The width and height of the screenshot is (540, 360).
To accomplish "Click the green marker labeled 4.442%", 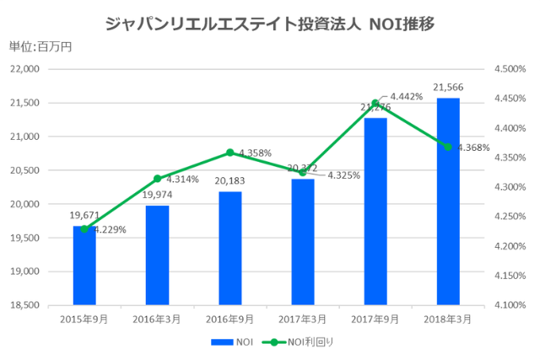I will pos(375,103).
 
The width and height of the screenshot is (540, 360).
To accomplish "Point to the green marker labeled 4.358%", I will pos(229,153).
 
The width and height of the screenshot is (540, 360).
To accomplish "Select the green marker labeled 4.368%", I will pos(448,147).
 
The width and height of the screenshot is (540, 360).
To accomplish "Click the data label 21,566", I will pos(447,87).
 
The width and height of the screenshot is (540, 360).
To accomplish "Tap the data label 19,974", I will pos(157,195).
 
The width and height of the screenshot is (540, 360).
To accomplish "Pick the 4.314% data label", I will pos(183,180).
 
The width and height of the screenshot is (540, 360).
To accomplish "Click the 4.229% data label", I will pos(111,229).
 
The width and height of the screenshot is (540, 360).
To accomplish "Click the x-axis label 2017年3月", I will pos(302,320).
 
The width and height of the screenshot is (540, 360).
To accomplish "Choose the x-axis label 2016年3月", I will pos(157,320).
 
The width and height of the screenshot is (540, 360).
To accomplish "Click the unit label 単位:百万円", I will pos(40,46).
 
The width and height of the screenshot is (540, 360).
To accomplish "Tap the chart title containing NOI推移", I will pos(270,23).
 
